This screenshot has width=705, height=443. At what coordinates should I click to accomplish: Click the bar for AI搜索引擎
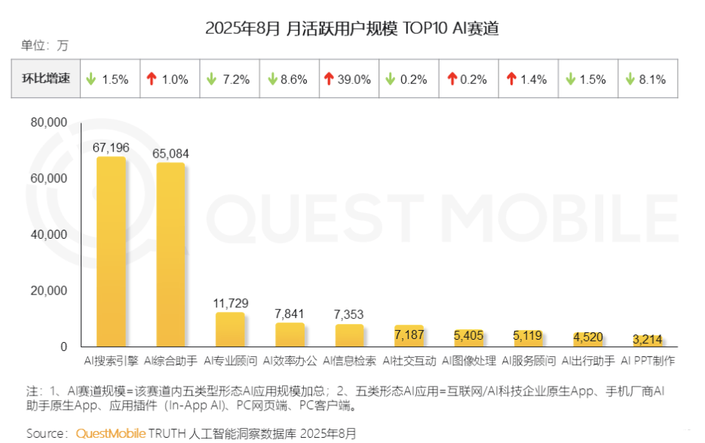(111, 252)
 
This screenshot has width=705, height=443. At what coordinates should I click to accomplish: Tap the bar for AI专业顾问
(230, 329)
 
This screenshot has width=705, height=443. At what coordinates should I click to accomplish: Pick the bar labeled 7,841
(290, 335)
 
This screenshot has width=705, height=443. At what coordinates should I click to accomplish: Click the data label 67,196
(111, 148)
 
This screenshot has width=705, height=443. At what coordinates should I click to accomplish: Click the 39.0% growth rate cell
(348, 79)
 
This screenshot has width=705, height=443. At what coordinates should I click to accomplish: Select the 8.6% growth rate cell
(289, 79)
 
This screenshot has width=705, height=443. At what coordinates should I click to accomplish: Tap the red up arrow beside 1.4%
(511, 79)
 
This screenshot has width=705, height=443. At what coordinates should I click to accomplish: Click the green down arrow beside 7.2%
(210, 79)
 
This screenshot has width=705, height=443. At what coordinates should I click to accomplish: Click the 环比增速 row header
(45, 78)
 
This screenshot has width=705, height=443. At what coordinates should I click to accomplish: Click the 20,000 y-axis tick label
(49, 291)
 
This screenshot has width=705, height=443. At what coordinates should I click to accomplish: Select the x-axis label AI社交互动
(409, 361)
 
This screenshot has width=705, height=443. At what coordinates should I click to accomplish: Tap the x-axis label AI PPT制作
(648, 361)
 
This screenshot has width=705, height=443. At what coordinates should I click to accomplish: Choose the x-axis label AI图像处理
(469, 361)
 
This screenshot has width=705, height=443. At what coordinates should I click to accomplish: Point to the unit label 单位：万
(44, 45)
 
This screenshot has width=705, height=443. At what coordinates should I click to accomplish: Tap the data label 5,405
(469, 335)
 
